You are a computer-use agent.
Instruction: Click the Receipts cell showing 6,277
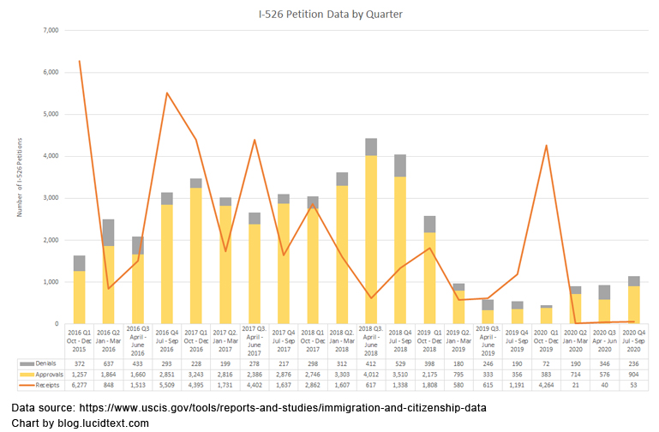click(x=79, y=384)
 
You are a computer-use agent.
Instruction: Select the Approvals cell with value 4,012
click(x=370, y=374)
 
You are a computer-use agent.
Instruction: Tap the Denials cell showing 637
click(x=108, y=363)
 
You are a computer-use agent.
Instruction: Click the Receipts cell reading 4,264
click(x=545, y=384)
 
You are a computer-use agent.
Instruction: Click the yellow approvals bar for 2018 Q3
click(x=370, y=240)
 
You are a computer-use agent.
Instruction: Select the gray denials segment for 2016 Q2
click(x=108, y=232)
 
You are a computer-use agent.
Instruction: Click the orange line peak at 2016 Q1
click(x=79, y=61)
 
